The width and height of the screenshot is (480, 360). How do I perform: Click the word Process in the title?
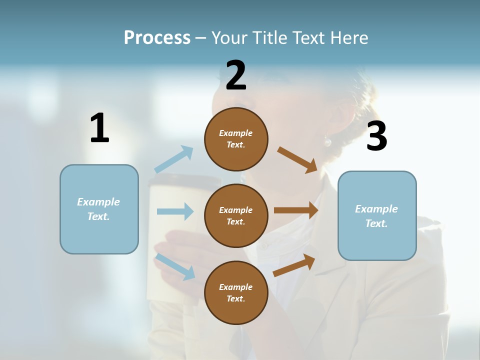coord(157,38)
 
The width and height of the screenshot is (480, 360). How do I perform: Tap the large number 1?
coord(99,128)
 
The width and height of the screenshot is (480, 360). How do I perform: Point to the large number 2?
coord(236,75)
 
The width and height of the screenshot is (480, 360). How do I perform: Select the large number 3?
coord(376,136)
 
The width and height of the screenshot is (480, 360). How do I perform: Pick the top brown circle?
coord(236,139)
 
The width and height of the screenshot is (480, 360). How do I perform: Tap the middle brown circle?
coord(236,215)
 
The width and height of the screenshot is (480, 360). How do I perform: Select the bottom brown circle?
coord(236,292)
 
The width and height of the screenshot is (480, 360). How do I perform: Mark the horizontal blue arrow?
coord(175,211)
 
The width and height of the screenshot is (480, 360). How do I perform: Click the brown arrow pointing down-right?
coord(297,159)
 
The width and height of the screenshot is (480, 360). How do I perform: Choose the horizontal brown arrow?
coord(296,210)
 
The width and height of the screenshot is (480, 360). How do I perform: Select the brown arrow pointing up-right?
coord(294,265)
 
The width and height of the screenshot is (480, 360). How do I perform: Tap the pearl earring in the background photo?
coord(327,142)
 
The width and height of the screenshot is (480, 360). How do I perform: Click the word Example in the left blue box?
coord(98,202)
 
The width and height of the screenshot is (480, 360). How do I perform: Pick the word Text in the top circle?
coord(235,145)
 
